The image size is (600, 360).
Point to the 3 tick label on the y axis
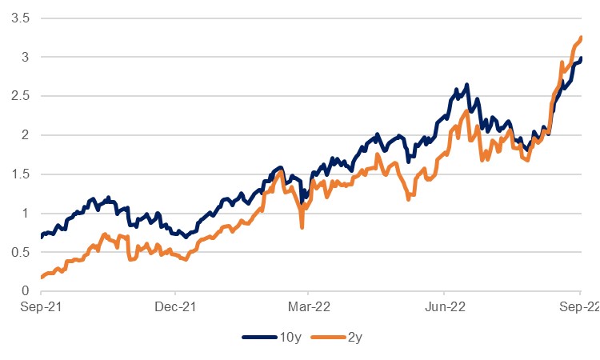pyautogui.click(x=24, y=57)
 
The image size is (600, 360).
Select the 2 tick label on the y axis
pyautogui.click(x=24, y=135)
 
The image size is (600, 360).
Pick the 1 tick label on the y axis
pyautogui.click(x=24, y=214)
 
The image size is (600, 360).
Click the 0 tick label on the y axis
pyautogui.click(x=24, y=292)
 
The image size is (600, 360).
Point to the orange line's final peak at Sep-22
pyautogui.click(x=581, y=38)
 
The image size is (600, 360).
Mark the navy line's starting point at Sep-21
pyautogui.click(x=42, y=237)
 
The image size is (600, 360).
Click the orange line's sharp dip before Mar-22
pyautogui.click(x=302, y=227)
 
